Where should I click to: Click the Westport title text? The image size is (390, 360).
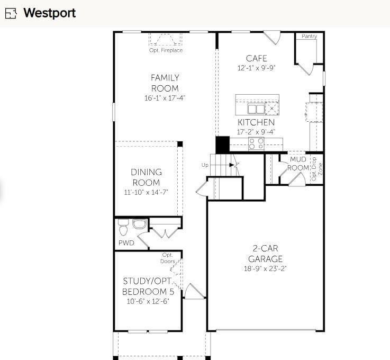tap(49, 13)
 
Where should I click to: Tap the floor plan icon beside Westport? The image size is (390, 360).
tap(11, 14)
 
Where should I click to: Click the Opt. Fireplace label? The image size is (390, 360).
tap(166, 50)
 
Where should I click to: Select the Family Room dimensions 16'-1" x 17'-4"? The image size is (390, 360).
tap(165, 98)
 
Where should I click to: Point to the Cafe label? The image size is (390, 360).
tap(256, 58)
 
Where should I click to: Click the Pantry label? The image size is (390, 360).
tap(309, 37)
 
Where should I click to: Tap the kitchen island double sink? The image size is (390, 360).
tap(256, 109)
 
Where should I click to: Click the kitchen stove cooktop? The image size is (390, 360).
tap(257, 143)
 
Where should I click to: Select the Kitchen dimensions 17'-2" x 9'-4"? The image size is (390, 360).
tap(256, 132)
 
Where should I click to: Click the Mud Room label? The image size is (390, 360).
tap(297, 164)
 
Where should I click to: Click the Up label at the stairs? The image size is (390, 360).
tap(205, 165)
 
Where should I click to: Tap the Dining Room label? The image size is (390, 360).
tap(147, 177)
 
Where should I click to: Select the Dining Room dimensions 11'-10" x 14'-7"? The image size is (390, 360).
tap(147, 192)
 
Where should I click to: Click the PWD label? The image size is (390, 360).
tap(126, 243)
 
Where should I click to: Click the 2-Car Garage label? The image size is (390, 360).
tap(265, 254)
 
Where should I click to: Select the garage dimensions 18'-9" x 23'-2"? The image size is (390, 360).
tap(265, 268)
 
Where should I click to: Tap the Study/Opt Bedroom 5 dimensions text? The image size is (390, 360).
tap(148, 301)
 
